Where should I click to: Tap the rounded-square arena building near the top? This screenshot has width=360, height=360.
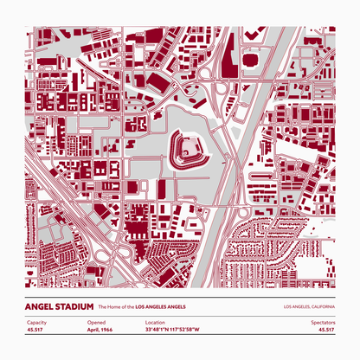point(251,61)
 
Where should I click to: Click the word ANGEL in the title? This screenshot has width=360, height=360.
point(42,307)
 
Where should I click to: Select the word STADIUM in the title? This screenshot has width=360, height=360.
point(75,307)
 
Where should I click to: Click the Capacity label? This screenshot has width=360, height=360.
point(35,322)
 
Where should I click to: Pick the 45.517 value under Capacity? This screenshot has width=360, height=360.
point(35,330)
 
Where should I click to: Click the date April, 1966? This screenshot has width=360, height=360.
point(101,330)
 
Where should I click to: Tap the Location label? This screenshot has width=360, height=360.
point(155,322)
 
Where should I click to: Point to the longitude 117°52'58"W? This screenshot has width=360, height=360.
point(185,330)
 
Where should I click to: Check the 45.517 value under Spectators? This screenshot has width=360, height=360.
point(326,330)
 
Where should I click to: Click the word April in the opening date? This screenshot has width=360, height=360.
point(93,330)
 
